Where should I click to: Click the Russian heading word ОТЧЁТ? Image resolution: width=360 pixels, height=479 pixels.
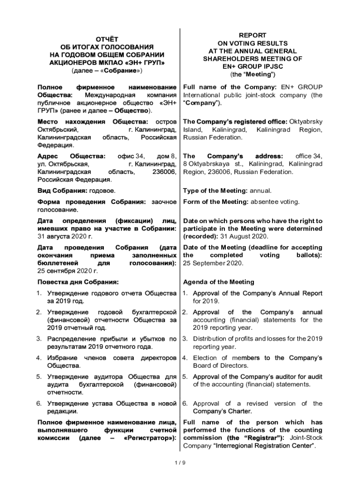point(107,39)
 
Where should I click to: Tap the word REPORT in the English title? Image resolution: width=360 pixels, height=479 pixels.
point(252,35)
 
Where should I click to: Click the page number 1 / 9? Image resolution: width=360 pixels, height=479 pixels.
point(180,463)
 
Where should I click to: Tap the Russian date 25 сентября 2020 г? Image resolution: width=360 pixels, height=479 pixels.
point(67,271)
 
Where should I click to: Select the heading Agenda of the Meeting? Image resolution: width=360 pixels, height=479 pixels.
point(218,282)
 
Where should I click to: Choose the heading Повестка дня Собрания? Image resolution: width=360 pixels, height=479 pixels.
point(78,282)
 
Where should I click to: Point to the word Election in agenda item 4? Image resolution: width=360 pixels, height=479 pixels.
point(205,358)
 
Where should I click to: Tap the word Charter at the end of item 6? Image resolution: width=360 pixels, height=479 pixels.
point(240,411)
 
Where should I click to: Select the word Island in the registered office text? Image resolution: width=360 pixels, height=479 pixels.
point(193,129)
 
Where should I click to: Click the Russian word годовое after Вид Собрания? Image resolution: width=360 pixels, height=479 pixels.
point(102,191)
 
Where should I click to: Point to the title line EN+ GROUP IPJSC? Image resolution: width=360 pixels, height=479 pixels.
point(252,66)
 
